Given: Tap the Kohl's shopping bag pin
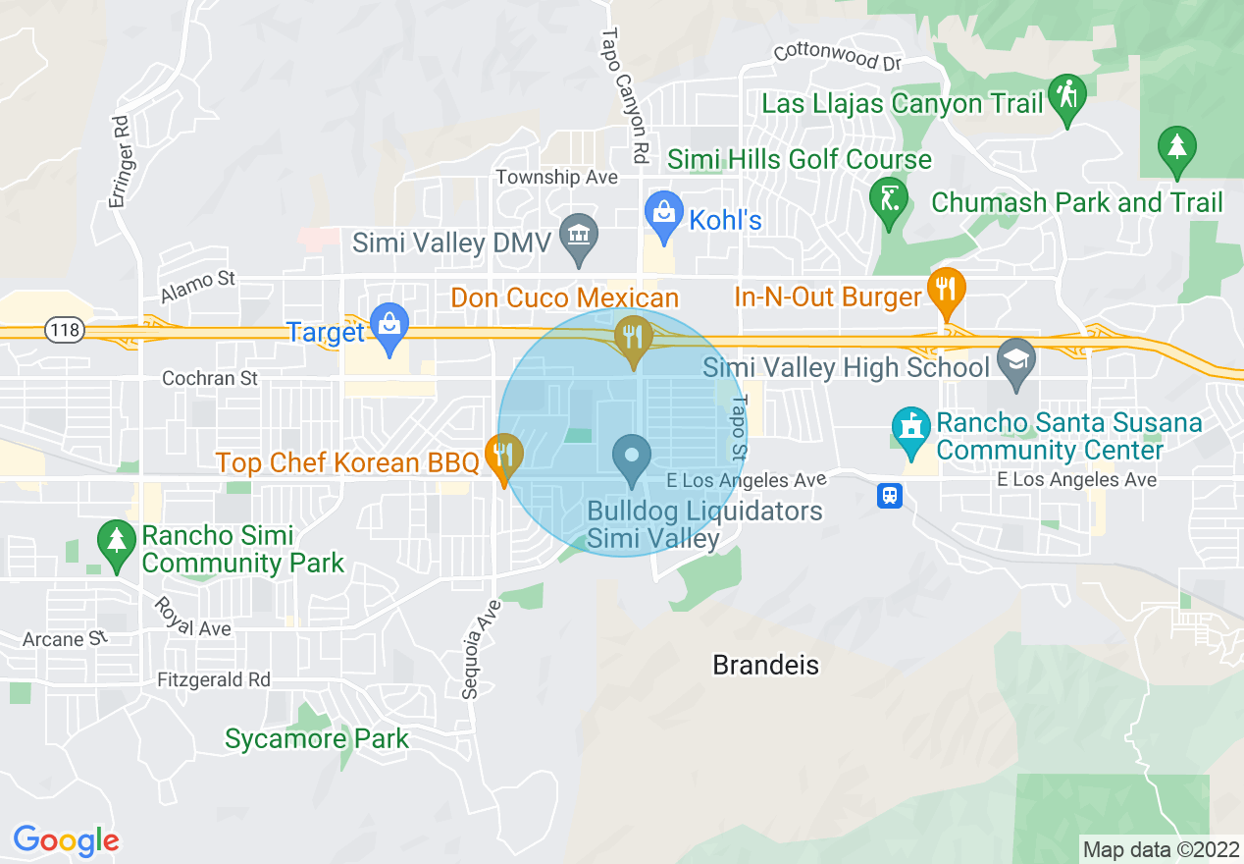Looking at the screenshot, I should point(664,214).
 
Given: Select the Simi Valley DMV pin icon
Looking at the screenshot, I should point(579,237).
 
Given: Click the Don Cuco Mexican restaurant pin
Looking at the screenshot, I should point(633,338).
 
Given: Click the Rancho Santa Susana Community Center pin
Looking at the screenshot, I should point(911,430).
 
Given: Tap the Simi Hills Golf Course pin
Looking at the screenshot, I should point(889,199).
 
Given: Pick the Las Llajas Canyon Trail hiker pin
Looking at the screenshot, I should point(1066,96).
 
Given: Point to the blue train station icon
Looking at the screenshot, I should point(890,496).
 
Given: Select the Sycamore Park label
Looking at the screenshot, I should point(316,738).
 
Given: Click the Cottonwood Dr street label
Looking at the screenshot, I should point(837,58).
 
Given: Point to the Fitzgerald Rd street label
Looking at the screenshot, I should point(214,679).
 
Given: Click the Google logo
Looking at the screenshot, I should point(66,840).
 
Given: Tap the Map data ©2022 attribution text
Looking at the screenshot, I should point(1159,848).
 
